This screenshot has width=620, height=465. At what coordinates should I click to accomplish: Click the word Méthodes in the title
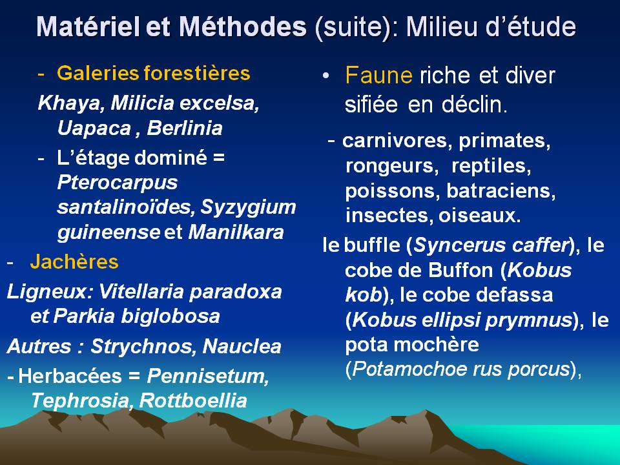242,26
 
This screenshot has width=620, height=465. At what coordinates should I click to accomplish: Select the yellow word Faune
378,75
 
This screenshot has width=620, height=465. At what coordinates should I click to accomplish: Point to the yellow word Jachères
74,262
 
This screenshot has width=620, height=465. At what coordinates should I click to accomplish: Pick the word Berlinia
185,128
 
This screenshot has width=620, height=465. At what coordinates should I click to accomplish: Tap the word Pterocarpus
118,183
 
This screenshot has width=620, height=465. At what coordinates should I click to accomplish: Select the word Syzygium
248,207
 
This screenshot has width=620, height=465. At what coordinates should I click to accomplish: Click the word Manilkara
236,232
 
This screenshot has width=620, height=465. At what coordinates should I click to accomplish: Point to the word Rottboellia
193,400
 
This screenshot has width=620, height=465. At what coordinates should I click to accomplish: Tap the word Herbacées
70,376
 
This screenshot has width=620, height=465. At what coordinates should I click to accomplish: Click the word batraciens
501,191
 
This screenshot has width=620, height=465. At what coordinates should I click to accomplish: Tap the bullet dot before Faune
325,76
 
